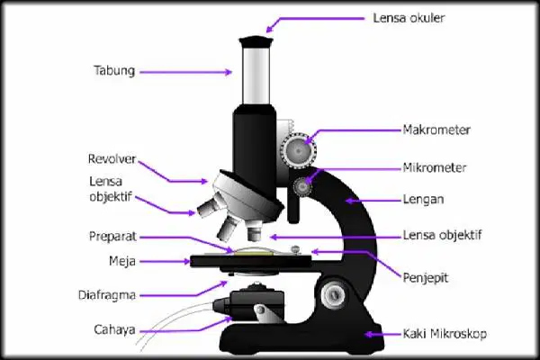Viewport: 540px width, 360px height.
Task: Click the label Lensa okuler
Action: pos(409,18)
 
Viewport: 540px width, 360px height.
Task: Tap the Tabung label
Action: pos(114,70)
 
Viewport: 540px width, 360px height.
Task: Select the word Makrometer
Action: pos(436,130)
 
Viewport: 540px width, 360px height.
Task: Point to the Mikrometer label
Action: pos(435,167)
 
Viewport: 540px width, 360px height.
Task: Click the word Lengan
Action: pos(423,200)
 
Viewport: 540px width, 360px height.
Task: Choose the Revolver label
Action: pos(112,158)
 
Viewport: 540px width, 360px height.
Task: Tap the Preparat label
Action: pos(112,237)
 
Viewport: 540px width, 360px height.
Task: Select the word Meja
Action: pos(122,262)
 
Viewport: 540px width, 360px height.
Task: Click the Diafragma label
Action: pos(107,295)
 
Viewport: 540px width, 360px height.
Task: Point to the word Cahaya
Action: pos(114,330)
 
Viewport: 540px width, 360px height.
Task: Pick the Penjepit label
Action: pos(426,278)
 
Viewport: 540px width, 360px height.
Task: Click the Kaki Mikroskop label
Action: pos(445,334)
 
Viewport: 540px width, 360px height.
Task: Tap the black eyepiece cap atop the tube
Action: pos(256,41)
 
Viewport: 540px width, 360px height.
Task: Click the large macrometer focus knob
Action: pos(298,149)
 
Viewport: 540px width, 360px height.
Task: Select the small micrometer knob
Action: pos(302,186)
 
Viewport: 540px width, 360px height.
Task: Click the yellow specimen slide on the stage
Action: pos(253,254)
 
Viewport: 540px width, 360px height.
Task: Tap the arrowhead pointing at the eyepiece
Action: pos(270,29)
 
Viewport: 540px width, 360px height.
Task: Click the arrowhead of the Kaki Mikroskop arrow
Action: pos(369,334)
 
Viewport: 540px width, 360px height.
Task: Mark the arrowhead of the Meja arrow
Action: pos(186,262)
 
